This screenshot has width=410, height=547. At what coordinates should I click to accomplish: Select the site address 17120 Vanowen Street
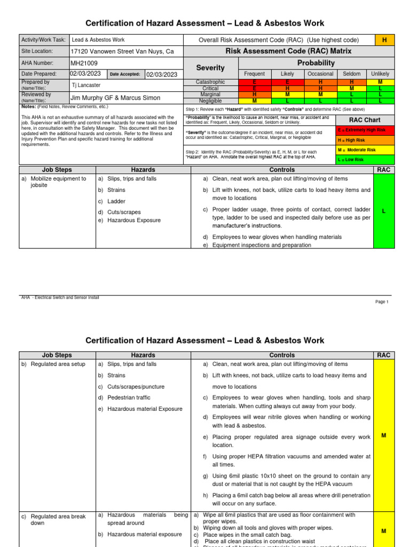click(x=122, y=51)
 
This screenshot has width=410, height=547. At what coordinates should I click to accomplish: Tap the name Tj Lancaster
click(x=86, y=85)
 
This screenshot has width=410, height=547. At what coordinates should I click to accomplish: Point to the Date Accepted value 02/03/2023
click(x=162, y=75)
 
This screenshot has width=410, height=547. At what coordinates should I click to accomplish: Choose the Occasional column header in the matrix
click(x=320, y=74)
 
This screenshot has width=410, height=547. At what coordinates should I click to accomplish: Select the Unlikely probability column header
click(x=380, y=74)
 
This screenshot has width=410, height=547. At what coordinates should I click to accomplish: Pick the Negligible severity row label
click(x=210, y=100)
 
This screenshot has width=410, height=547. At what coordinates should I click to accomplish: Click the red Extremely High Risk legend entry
click(x=365, y=130)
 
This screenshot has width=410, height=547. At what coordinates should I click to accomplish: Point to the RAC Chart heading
click(x=365, y=120)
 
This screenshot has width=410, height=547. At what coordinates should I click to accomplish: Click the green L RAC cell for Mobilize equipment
click(x=384, y=212)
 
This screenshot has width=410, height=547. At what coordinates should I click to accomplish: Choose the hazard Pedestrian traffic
click(x=129, y=397)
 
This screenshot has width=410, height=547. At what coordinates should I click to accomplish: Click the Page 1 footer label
click(x=382, y=302)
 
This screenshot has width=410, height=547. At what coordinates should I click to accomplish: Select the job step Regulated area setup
click(x=58, y=364)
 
